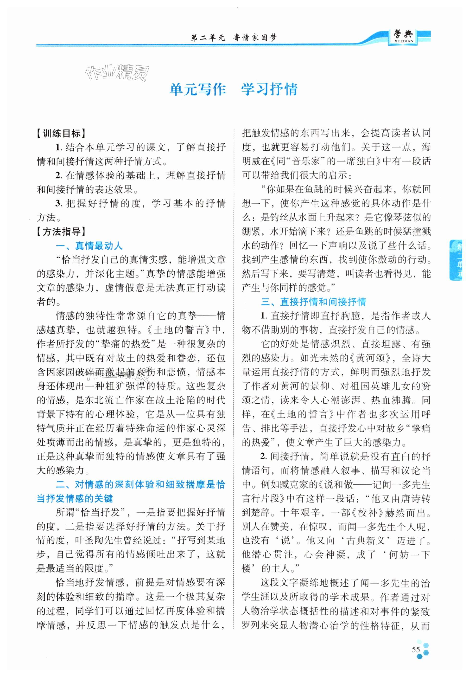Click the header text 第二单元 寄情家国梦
(x=234, y=38)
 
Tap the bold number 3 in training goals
(x=58, y=204)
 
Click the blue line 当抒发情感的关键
(x=75, y=498)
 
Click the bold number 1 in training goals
(x=58, y=147)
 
